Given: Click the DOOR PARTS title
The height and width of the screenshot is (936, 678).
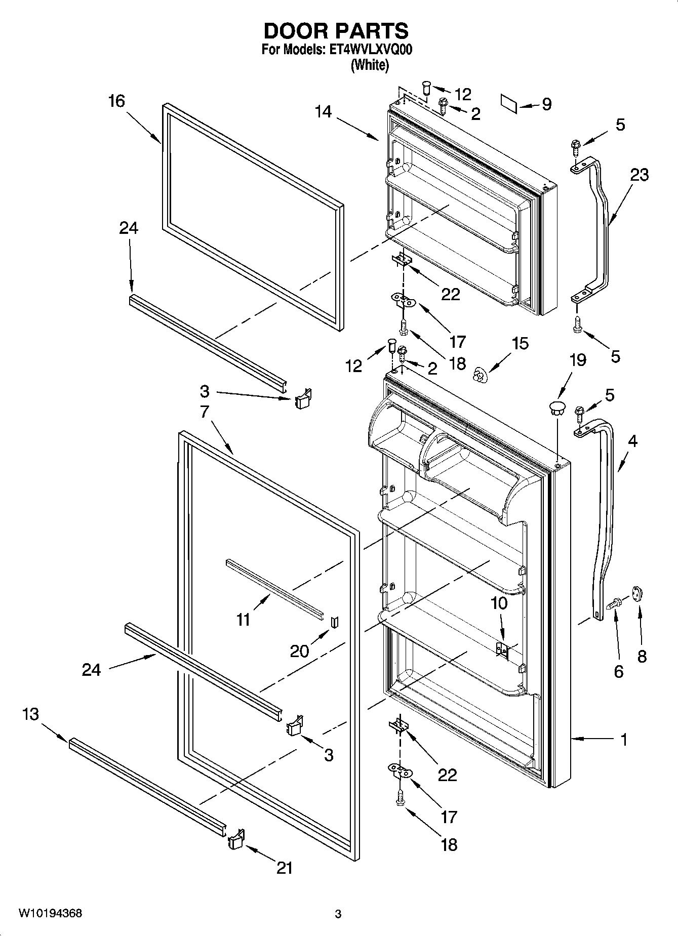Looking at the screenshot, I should pos(336,31).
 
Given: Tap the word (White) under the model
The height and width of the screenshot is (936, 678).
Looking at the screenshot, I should pos(370,65).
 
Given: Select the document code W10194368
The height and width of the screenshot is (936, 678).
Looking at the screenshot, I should pos(50,913).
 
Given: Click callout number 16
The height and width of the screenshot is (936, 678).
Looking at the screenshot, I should pos(116,101).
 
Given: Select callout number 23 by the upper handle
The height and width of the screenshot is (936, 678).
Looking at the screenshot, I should pos(640,175).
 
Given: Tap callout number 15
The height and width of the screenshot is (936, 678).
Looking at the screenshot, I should pos(520,344).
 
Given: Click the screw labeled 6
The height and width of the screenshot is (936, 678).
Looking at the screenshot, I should pos(615,603).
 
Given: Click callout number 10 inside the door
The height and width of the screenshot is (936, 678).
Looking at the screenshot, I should pos(499,603).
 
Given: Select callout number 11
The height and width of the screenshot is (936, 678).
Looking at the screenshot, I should pos(244,619).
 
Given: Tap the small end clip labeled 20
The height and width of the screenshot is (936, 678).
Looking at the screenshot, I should pos(334,622).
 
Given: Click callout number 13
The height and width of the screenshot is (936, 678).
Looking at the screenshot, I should pos(30,714).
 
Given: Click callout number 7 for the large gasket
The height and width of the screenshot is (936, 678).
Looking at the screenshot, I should pos(204,412).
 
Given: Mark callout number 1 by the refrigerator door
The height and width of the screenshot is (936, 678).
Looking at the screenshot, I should pos(624,740).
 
